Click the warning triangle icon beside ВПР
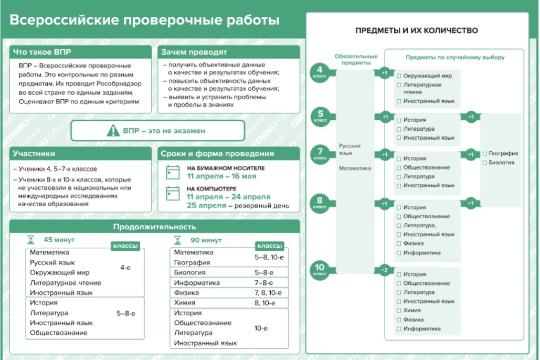coord(113,131)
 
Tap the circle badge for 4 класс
coord(320,73)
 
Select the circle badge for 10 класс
coord(320,270)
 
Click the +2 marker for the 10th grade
coord(384,270)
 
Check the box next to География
coord(485,154)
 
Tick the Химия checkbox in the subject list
coord(399,310)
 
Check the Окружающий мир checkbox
coord(399,76)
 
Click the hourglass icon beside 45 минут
coord(31,239)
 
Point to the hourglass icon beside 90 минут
coord(178,240)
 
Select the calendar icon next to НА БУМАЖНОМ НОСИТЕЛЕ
coord(173,172)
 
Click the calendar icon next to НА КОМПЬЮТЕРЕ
coord(173,193)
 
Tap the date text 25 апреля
coord(206,206)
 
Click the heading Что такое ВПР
coord(42,52)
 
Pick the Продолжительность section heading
coord(155,227)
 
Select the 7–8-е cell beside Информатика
coord(264,283)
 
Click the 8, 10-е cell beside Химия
coord(265,303)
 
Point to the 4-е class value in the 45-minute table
coord(125,268)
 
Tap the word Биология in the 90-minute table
coord(190,272)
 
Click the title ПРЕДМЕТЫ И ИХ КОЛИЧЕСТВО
coord(417,30)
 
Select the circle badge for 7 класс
coord(320,154)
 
